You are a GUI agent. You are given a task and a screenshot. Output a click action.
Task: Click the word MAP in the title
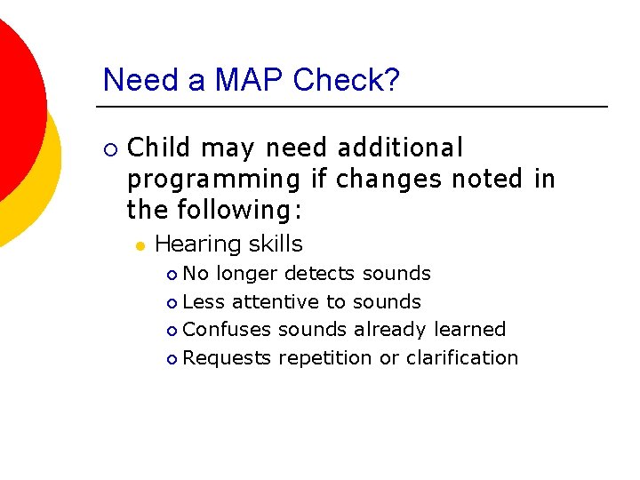pos(242,80)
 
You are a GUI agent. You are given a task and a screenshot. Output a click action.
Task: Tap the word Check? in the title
pos(346,80)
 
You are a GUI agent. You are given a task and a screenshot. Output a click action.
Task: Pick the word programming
pos(214,180)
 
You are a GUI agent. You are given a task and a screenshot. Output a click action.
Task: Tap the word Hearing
pos(198,244)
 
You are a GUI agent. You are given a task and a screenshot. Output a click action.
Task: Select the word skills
pos(276,244)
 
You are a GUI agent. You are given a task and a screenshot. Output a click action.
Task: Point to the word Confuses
pos(227,330)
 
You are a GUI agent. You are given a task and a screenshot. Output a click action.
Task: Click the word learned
pos(469,330)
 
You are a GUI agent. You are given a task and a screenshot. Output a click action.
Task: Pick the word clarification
pos(461,358)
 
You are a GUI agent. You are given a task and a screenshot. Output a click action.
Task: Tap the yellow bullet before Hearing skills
pos(140,244)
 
